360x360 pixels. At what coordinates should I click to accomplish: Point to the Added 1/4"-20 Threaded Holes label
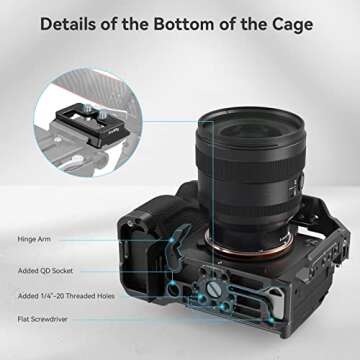click(66, 296)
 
